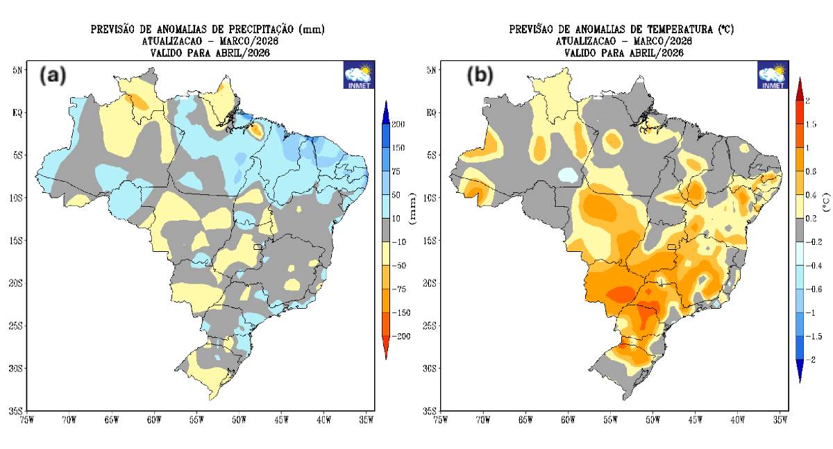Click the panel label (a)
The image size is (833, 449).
point(53,75)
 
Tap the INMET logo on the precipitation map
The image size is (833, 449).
point(359,75)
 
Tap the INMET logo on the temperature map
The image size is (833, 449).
point(772,75)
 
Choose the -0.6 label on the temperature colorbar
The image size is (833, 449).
point(814,289)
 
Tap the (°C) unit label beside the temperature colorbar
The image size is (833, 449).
point(826,202)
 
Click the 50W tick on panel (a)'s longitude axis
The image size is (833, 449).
point(239,419)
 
